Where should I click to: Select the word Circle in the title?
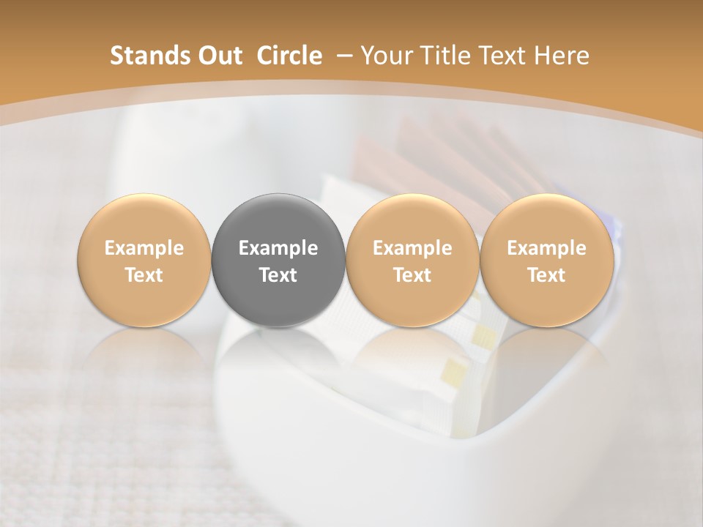pos(289,56)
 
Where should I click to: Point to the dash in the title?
pos(342,56)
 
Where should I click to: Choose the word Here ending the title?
pos(561,56)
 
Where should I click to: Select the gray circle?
pos(278,261)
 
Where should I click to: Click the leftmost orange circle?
pos(144,261)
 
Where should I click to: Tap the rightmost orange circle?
pos(546,261)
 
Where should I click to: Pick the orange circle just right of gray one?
pos(412,261)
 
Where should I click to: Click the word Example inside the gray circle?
pos(278,248)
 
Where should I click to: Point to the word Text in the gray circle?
pos(278,275)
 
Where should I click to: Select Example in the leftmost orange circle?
pos(144,248)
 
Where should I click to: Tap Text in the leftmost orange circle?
pos(144,275)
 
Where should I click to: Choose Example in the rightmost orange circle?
pos(546,248)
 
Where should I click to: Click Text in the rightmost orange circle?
pos(546,275)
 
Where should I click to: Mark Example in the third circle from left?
pos(412,248)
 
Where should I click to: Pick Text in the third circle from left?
pos(412,275)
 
